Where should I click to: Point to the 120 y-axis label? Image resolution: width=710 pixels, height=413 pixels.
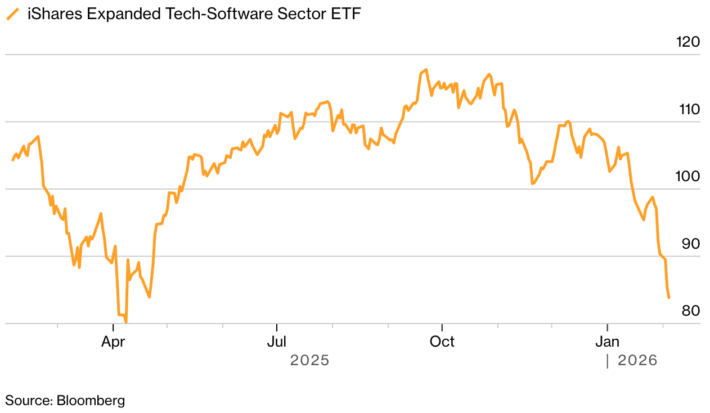pyautogui.click(x=687, y=42)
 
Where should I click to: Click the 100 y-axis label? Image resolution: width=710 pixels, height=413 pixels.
pyautogui.click(x=687, y=177)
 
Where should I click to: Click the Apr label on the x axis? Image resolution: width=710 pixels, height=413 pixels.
pyautogui.click(x=113, y=342)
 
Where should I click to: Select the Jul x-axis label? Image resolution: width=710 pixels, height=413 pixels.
pyautogui.click(x=277, y=342)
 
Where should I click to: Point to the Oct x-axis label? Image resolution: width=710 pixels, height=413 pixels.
pyautogui.click(x=442, y=342)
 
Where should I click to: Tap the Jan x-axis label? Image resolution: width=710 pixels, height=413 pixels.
pyautogui.click(x=608, y=342)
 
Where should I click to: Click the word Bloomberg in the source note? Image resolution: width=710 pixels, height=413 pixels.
pyautogui.click(x=90, y=401)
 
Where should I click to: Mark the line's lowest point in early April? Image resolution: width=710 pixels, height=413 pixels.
pyautogui.click(x=126, y=322)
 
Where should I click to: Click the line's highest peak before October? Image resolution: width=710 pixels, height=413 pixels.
pyautogui.click(x=426, y=70)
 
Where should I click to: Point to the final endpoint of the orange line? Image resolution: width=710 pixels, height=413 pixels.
pyautogui.click(x=668, y=298)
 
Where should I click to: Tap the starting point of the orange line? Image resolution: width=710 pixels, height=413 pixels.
pyautogui.click(x=13, y=160)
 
